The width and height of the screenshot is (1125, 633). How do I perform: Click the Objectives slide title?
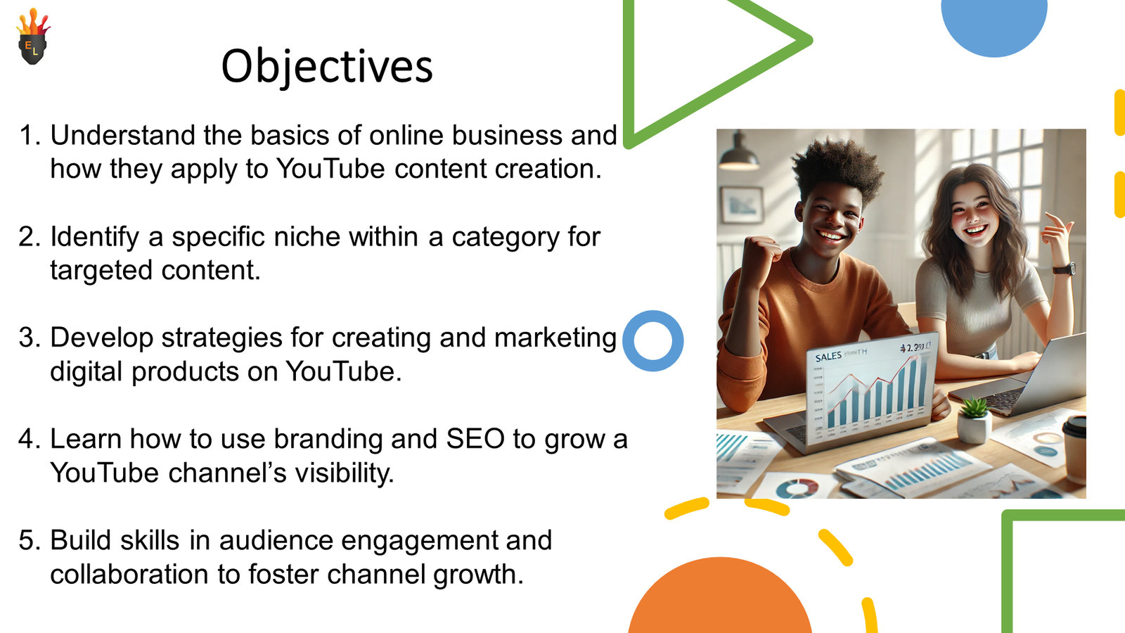[327, 67]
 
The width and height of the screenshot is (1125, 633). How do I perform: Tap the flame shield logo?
[33, 36]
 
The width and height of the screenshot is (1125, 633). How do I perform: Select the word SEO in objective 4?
[475, 439]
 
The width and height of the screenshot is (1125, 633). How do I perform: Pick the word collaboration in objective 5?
[129, 574]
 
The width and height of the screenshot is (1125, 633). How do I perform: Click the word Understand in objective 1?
[122, 135]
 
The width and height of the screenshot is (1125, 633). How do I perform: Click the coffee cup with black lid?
[1075, 449]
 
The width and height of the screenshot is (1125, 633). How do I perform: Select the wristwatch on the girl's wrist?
[1065, 269]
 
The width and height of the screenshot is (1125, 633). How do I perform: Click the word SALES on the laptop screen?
[828, 357]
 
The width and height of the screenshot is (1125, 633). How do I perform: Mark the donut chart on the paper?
[797, 488]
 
